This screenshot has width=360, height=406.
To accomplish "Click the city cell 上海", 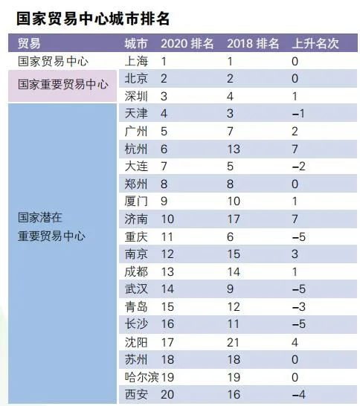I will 137,62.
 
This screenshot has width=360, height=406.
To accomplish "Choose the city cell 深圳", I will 137,96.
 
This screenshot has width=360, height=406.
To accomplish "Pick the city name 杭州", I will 137,149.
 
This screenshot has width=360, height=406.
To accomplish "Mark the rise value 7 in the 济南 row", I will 295,219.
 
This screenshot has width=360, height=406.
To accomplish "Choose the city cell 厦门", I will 137,202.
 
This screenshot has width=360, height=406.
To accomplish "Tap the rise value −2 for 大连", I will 298,167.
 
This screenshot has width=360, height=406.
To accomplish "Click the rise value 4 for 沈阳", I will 295,341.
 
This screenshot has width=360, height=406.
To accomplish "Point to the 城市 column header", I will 136,44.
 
